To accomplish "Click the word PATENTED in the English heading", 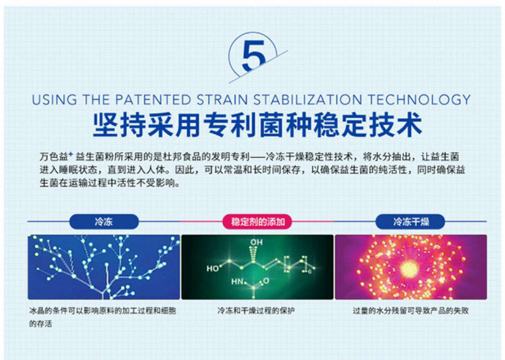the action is click(x=153, y=100).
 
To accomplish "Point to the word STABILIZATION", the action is click(x=307, y=100).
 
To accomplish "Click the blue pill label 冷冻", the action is click(x=104, y=222).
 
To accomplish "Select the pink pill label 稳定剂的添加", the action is click(x=258, y=222).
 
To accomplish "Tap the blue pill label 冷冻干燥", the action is click(x=411, y=222).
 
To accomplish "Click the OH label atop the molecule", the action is click(x=256, y=242).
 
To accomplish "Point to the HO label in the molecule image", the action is click(x=213, y=268).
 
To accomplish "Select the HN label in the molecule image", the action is click(x=237, y=282).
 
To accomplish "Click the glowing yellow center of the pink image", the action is click(x=409, y=268).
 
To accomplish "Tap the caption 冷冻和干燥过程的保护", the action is click(x=256, y=311).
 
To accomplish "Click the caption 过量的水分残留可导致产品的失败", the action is click(x=411, y=311).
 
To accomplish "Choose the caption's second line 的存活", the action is click(x=40, y=323).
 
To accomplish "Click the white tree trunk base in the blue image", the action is click(x=103, y=295).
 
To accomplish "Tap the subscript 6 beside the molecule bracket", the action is click(x=309, y=272).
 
